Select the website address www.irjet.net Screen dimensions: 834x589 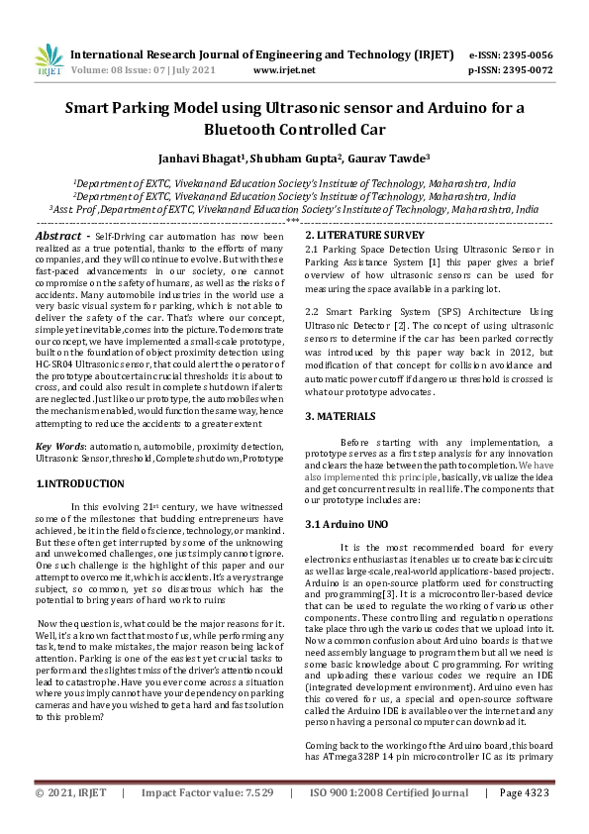coord(284,70)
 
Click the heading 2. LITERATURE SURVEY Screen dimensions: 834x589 coord(363,235)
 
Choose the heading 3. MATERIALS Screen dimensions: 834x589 coord(341,416)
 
